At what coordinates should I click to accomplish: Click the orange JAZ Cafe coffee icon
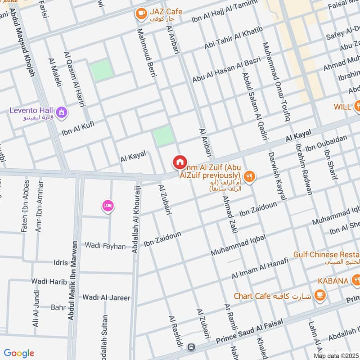point(141,14)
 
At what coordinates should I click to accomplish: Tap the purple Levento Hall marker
point(62,111)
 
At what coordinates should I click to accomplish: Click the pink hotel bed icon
point(108,207)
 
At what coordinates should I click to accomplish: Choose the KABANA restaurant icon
point(356,281)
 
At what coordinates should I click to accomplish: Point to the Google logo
point(19,353)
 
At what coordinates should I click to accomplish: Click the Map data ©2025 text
point(336,356)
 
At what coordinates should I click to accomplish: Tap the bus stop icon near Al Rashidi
point(192,347)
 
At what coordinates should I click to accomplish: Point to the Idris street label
point(60,262)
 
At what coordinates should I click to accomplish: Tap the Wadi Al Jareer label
point(106,297)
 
